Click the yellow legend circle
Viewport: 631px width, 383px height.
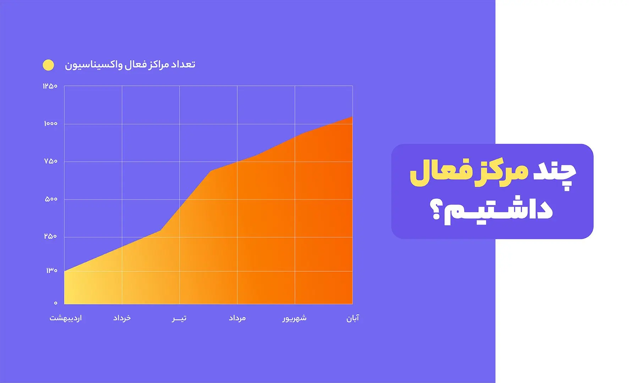point(48,65)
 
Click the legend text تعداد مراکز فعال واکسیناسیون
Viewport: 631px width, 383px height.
point(130,65)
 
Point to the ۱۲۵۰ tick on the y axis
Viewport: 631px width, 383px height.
point(50,86)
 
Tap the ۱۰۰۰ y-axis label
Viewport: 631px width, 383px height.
point(51,123)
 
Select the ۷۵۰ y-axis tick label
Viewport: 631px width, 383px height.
point(51,161)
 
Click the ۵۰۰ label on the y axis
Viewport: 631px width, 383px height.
point(51,199)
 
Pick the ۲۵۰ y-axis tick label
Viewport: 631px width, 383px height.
point(50,236)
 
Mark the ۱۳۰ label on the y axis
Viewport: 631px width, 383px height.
point(52,271)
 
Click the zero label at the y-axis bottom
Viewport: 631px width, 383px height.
point(55,303)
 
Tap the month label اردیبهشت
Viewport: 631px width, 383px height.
point(66,318)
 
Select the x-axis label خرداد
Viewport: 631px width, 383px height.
point(122,318)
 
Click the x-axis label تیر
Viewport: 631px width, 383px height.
point(179,318)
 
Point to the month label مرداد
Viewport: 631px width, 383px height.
point(237,318)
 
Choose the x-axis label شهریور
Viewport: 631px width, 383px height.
point(295,318)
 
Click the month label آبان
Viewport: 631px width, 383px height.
point(353,318)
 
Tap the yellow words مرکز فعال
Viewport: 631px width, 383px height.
point(469,173)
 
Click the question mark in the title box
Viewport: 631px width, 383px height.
point(435,210)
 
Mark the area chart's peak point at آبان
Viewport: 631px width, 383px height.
point(352,117)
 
